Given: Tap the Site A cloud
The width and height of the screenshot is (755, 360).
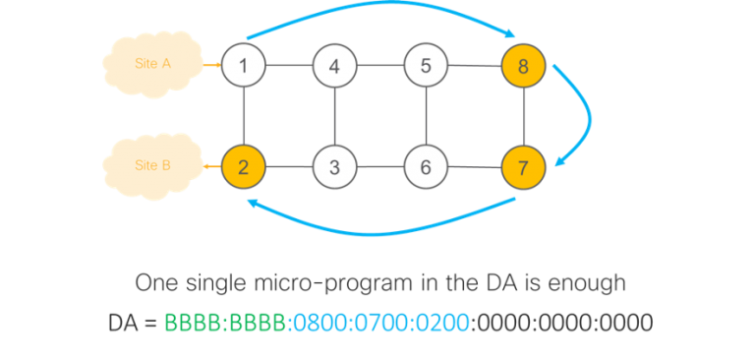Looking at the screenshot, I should pos(153,64).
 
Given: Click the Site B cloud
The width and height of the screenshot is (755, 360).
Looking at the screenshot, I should pos(153,165).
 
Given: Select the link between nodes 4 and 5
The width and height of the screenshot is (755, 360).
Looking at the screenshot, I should pos(379,66).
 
